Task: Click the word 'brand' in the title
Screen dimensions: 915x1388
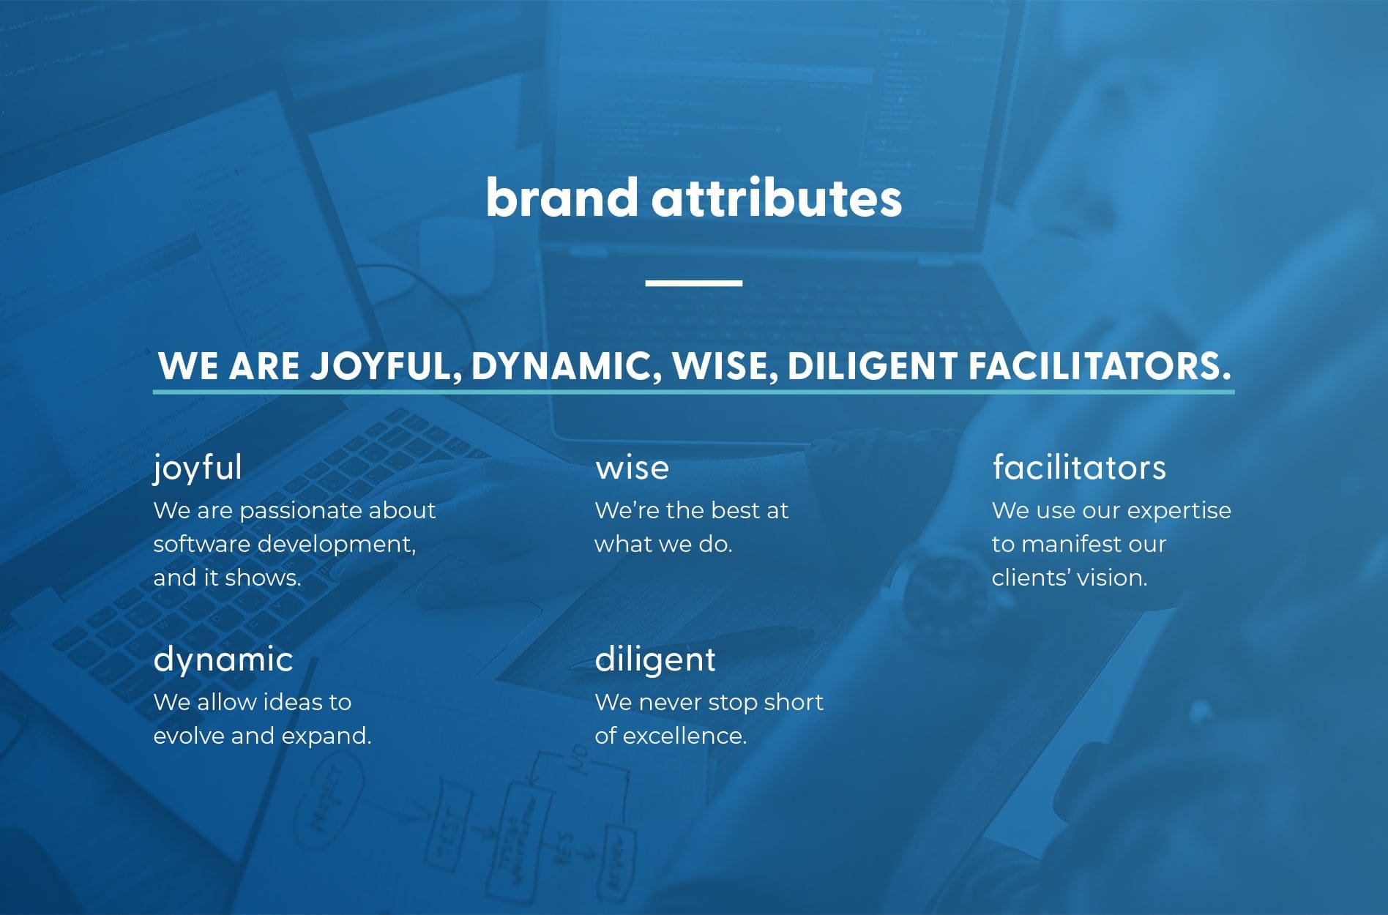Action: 561,198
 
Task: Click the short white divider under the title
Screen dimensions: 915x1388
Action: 693,283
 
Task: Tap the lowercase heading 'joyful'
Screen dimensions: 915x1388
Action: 198,468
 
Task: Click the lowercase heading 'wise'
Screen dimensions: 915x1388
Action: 632,468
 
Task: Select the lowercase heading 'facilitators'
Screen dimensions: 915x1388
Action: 1079,468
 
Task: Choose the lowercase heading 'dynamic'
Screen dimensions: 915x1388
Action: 223,660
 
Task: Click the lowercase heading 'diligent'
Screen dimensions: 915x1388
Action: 655,660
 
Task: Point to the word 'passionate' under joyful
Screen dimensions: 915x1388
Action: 300,510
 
